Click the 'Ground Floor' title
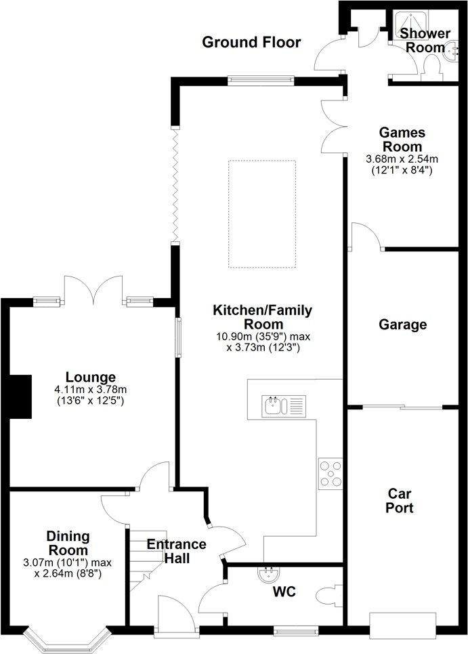(x=251, y=42)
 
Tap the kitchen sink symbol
(x=283, y=406)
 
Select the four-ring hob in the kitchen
(x=331, y=474)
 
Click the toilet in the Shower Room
(x=431, y=66)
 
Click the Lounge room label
(x=91, y=377)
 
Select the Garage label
(x=402, y=325)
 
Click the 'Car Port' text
(x=400, y=501)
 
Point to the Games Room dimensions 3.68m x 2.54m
(x=402, y=159)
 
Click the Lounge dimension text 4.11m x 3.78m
(x=91, y=390)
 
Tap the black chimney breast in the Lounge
(x=20, y=396)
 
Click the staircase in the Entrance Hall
(x=146, y=559)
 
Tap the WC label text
(x=284, y=592)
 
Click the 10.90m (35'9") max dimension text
(x=263, y=337)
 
